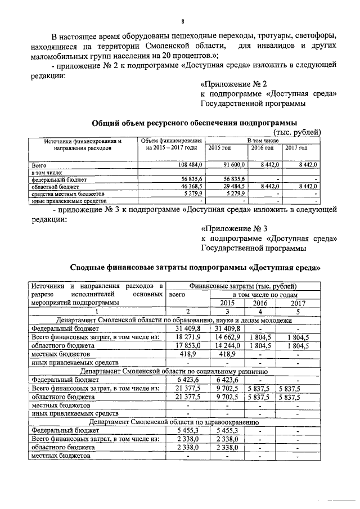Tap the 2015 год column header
click(x=219, y=147)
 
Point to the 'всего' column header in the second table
click(x=177, y=294)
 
